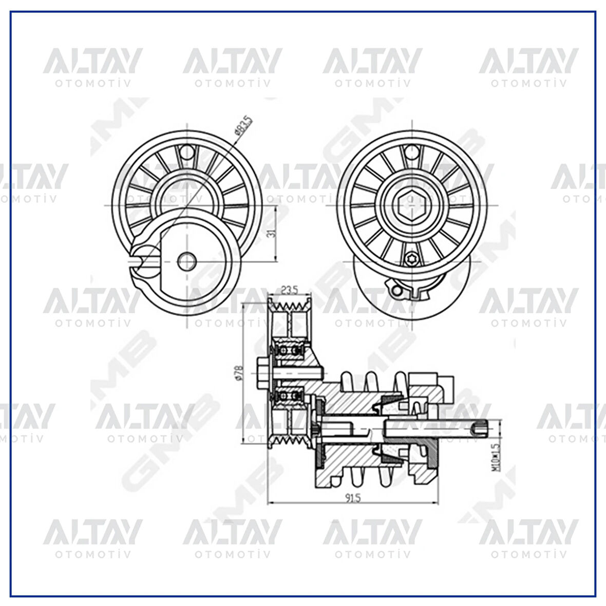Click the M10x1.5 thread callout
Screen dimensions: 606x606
tap(495, 457)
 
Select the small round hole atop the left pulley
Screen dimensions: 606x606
tap(187, 152)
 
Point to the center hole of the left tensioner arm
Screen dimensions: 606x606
tap(187, 261)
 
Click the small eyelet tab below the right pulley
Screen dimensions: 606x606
tap(396, 291)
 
